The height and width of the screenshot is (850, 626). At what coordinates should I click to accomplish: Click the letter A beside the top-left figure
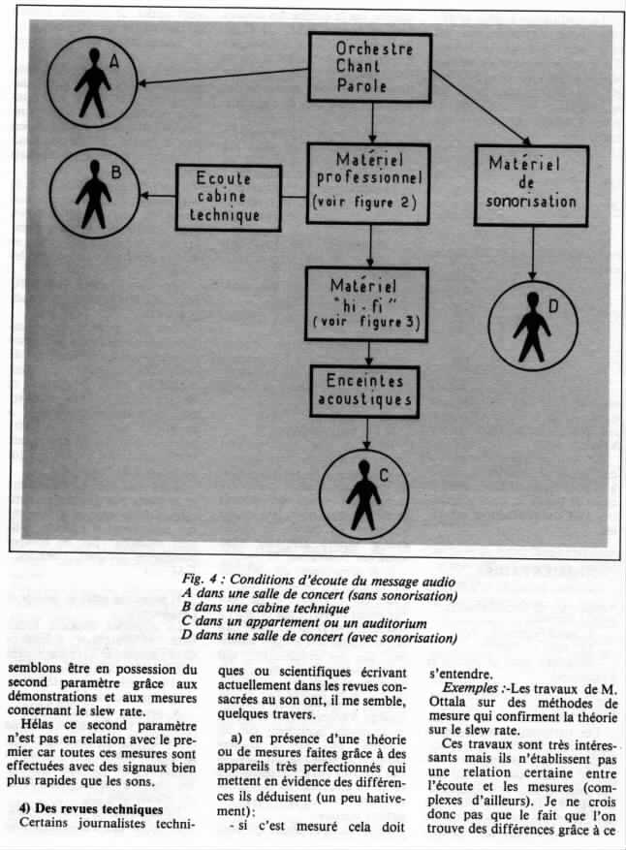point(113,61)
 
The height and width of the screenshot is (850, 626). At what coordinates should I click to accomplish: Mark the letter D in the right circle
point(553,308)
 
